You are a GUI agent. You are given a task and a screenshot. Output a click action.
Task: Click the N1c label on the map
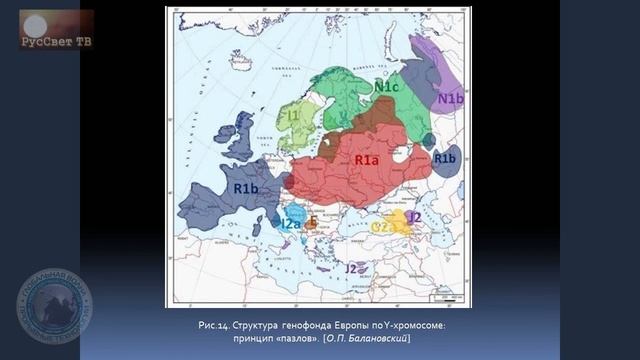click(387, 87)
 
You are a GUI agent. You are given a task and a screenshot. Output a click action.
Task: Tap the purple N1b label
click(450, 99)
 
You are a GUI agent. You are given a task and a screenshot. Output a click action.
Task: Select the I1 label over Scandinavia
click(293, 116)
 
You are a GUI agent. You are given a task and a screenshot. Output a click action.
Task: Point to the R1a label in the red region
click(366, 159)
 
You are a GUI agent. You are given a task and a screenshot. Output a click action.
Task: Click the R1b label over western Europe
click(246, 188)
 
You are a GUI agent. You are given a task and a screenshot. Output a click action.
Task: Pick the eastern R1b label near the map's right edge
click(444, 158)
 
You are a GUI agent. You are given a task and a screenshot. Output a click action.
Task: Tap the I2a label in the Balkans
click(290, 224)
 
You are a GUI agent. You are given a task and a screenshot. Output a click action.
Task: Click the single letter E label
click(313, 222)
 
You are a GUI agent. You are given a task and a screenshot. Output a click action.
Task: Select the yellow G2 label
click(380, 227)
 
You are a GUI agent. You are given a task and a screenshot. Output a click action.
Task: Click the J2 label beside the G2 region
click(413, 216)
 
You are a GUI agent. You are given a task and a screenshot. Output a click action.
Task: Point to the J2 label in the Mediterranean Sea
click(351, 268)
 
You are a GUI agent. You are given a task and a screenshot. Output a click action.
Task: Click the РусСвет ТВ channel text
click(55, 42)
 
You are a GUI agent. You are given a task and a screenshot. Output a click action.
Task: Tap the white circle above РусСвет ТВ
click(35, 24)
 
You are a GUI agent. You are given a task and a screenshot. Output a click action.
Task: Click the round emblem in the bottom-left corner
click(53, 306)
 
